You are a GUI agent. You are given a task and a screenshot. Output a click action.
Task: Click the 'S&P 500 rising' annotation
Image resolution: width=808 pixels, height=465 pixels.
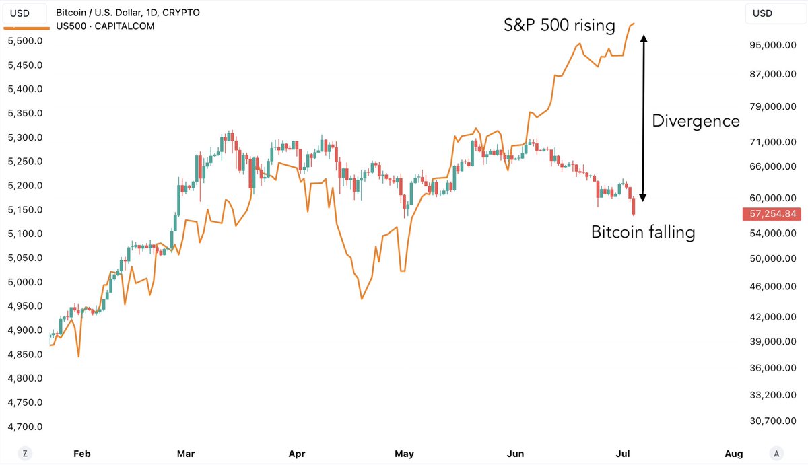click(x=560, y=26)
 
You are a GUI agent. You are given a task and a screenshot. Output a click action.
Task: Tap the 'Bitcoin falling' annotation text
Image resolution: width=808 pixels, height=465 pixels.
click(x=642, y=232)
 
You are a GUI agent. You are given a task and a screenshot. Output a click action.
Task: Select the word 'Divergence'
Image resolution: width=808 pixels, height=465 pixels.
click(x=696, y=121)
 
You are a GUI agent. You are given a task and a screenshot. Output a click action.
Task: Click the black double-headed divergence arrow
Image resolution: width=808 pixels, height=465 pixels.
click(x=643, y=118)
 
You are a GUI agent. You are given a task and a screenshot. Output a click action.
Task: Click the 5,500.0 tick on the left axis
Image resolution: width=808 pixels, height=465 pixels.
click(x=25, y=41)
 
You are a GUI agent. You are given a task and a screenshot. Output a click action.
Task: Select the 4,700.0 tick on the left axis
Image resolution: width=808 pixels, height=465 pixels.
click(x=25, y=427)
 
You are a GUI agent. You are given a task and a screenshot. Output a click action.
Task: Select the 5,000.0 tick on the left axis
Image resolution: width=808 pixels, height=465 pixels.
click(x=25, y=282)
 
